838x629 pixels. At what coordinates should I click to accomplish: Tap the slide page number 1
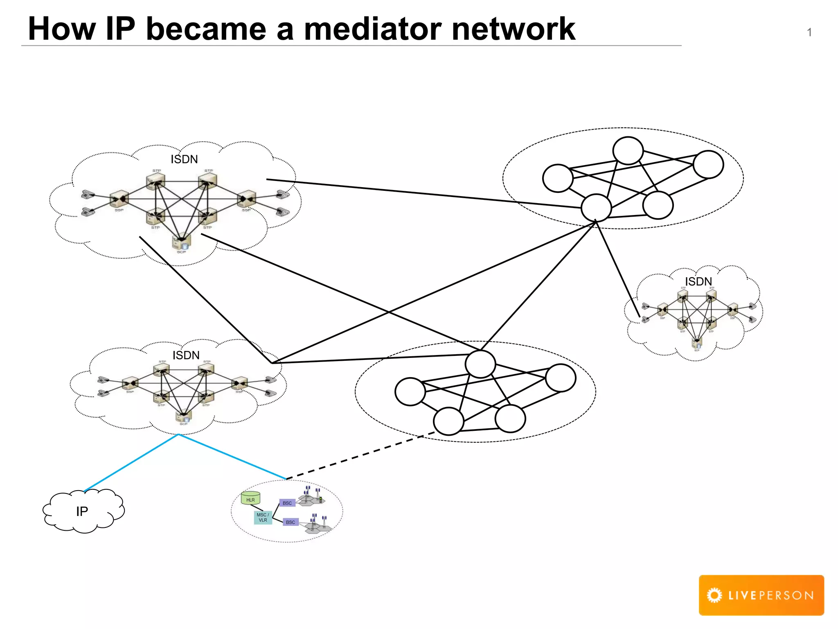tap(809, 33)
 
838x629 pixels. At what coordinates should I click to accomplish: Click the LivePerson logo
tap(761, 595)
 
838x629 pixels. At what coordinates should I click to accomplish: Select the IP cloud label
tap(82, 511)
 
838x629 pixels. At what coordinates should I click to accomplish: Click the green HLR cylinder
tap(250, 498)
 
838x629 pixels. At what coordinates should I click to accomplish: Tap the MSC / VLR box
tap(263, 518)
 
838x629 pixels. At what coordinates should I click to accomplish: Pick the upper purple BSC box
tap(287, 503)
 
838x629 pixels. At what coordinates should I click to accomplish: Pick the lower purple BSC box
tap(291, 522)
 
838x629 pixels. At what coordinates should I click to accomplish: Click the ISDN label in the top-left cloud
tap(184, 159)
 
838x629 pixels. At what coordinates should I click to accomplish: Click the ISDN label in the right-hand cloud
tap(698, 282)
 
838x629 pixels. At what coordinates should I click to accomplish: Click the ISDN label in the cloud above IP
tap(186, 355)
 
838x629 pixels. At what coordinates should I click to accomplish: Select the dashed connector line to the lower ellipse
tap(360, 455)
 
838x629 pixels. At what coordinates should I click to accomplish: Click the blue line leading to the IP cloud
tap(131, 463)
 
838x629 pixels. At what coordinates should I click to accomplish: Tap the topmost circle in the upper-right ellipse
tap(628, 151)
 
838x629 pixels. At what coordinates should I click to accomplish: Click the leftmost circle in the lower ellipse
tap(410, 391)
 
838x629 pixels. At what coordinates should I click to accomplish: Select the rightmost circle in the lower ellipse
tap(561, 378)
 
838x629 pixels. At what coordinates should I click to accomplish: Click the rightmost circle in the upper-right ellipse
tap(708, 164)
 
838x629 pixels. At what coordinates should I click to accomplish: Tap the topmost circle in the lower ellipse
tap(480, 364)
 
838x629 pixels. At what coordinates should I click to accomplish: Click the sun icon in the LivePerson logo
tap(714, 595)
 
